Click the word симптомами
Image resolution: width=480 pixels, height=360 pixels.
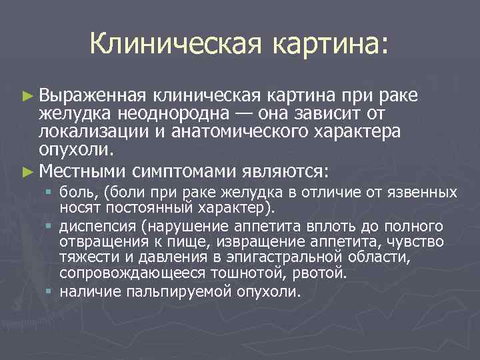(181, 171)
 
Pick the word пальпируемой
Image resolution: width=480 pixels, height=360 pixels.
(177, 291)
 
